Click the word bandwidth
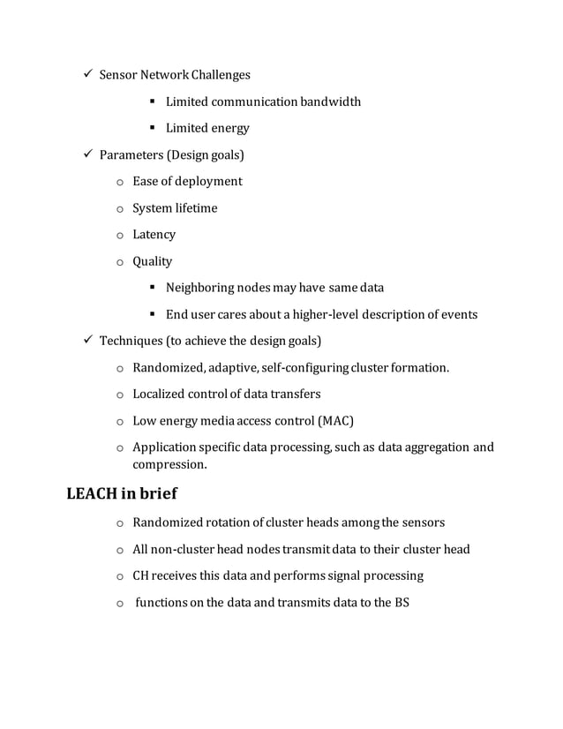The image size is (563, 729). pos(330,101)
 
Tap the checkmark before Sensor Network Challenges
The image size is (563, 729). pos(77,75)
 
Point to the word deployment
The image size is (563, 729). pos(209,182)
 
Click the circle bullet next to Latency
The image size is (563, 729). pos(119,236)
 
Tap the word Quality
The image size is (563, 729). pos(152,261)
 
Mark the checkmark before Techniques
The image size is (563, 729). pos(77,341)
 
